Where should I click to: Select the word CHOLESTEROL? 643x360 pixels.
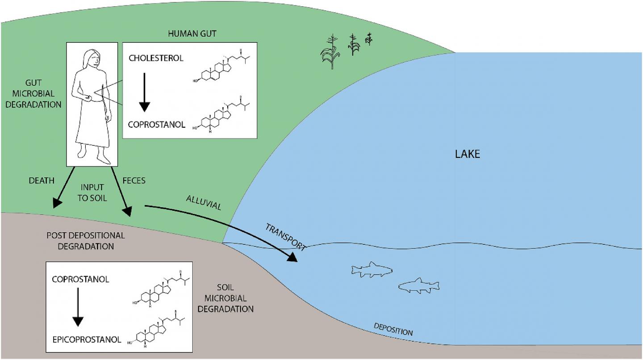tap(156, 58)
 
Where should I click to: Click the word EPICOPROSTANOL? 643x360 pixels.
tap(87, 339)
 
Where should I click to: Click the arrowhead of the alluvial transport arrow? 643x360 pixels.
tap(292, 257)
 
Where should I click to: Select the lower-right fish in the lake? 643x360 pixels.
tap(418, 286)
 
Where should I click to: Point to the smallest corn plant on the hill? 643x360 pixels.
tap(369, 40)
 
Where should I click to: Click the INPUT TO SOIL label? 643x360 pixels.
tap(92, 193)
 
